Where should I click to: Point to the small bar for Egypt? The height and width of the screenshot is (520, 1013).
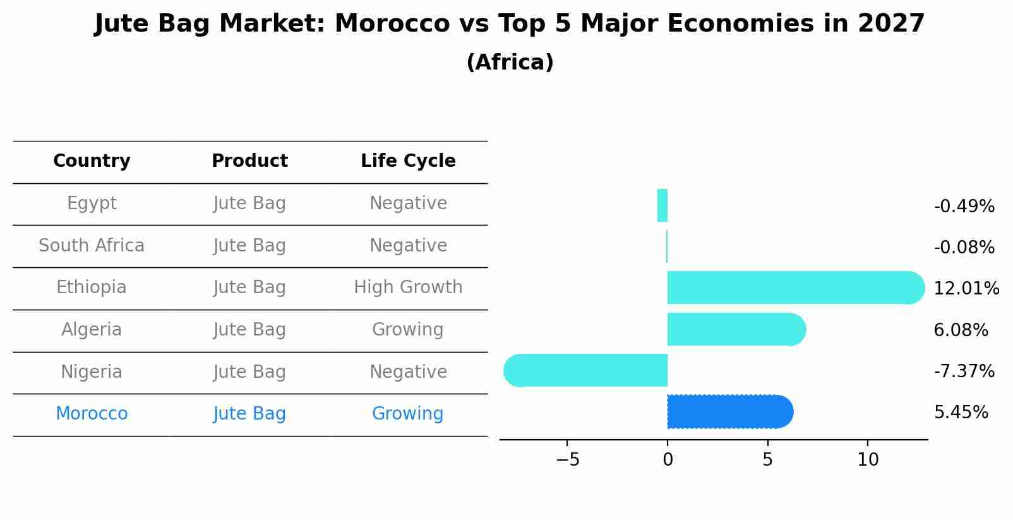point(662,205)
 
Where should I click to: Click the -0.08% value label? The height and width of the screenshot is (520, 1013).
point(964,247)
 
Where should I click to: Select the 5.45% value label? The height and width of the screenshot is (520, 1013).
point(961,413)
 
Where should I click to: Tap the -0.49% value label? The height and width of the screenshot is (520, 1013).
point(964,206)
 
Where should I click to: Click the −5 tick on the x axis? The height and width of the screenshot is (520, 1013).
point(567,460)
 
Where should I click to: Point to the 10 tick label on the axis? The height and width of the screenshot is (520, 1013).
point(868,460)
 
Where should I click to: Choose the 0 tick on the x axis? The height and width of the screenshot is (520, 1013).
point(668,460)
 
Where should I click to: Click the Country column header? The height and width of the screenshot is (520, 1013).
point(92,161)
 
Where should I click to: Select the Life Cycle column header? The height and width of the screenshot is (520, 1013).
point(408,161)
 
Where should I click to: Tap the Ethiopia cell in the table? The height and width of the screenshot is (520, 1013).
point(92,287)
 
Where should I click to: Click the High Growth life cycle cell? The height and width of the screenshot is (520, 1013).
point(408,287)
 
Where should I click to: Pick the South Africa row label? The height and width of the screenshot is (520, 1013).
point(92,245)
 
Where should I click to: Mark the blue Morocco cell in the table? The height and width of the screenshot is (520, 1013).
point(92,414)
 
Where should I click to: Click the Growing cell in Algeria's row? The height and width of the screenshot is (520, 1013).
point(408,329)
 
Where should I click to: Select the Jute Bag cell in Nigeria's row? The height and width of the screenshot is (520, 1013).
point(249,372)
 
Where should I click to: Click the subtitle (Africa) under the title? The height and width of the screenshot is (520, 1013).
point(510,63)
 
